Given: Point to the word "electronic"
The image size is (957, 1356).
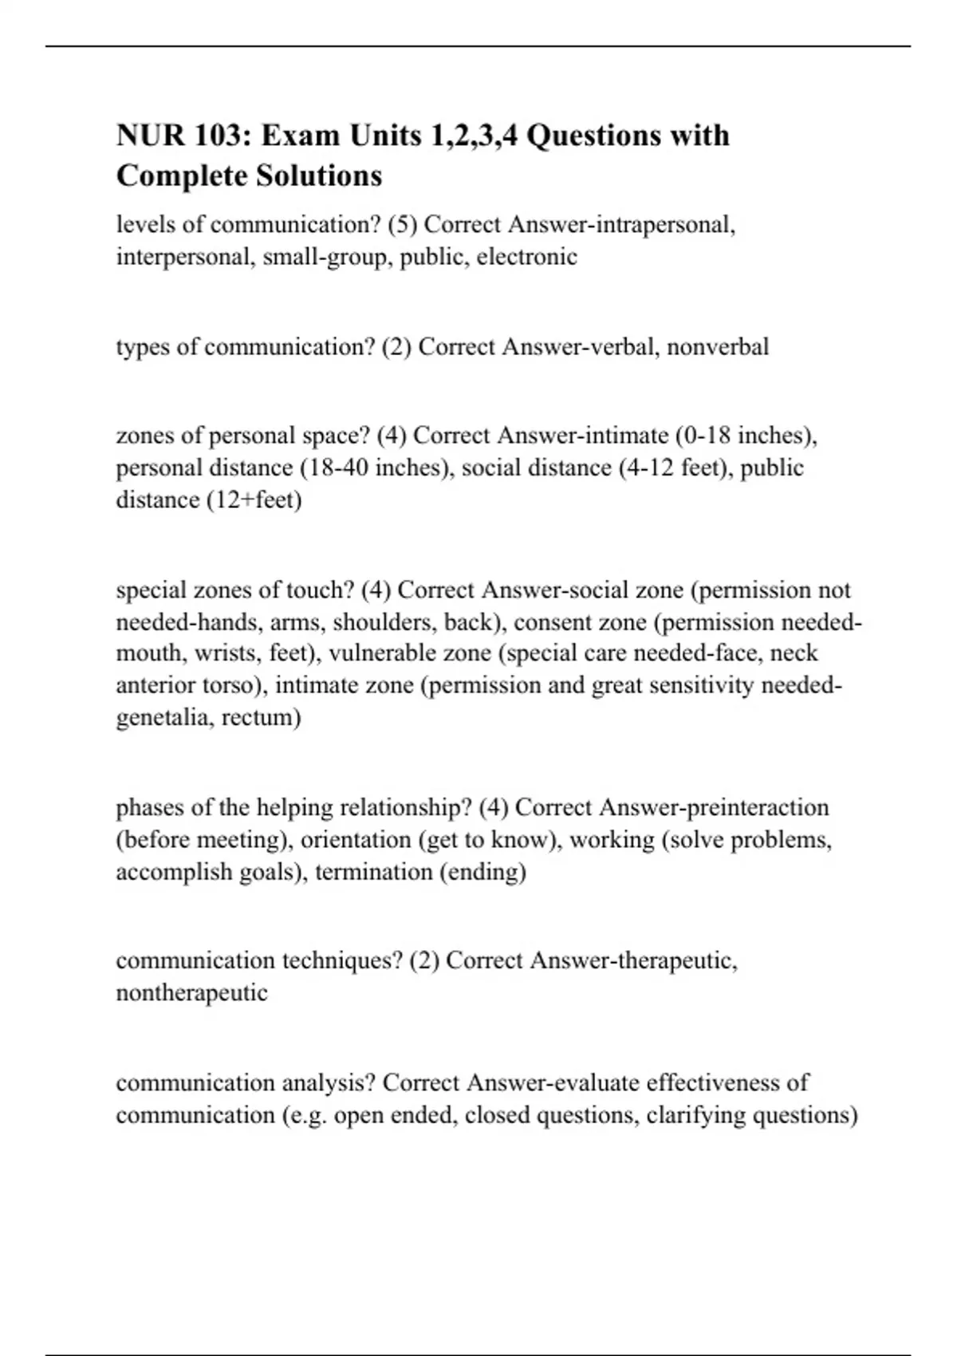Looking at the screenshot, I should click(527, 257).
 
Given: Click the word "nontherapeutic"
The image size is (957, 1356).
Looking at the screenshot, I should click(191, 993).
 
